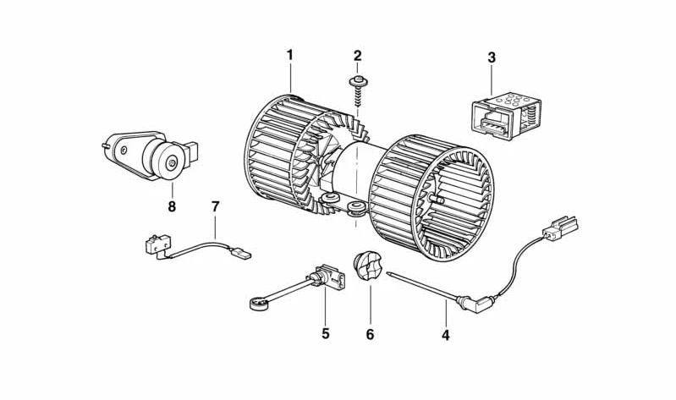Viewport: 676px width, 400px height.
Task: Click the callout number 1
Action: coord(289,56)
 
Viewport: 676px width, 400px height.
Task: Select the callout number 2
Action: coord(357,57)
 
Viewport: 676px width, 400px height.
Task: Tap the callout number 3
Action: coord(492,58)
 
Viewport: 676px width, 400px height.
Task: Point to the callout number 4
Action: coord(446,334)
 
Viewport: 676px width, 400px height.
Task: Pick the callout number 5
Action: coord(325,333)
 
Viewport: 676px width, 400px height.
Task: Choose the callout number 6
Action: coord(370,334)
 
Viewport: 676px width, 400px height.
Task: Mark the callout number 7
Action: coord(215,205)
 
